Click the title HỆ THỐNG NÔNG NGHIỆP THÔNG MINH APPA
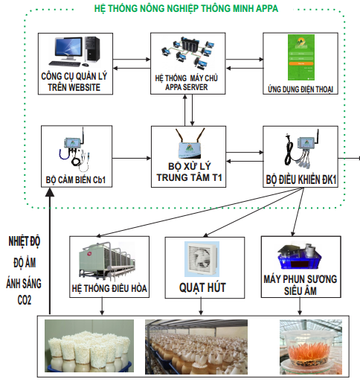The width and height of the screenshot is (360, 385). (186, 8)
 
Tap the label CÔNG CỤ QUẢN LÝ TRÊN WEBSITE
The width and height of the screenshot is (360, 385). (74, 82)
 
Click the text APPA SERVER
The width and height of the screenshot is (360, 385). (187, 87)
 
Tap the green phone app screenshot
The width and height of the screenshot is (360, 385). (301, 57)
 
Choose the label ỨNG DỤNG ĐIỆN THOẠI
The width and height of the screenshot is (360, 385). (300, 89)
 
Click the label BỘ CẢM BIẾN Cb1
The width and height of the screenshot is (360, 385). (76, 179)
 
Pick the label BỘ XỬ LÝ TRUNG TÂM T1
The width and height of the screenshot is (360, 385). (189, 172)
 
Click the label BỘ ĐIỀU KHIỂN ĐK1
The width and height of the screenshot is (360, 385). (300, 179)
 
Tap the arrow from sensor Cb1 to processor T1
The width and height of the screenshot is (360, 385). (132, 158)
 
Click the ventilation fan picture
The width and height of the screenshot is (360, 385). (202, 259)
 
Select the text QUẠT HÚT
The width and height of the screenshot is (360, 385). (202, 287)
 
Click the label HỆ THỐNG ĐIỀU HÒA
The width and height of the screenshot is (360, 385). (109, 288)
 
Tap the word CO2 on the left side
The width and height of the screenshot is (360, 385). (25, 300)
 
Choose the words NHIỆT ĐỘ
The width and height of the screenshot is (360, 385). (25, 241)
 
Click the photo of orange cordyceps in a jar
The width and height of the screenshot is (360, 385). (311, 347)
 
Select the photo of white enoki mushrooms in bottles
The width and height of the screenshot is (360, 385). (89, 346)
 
